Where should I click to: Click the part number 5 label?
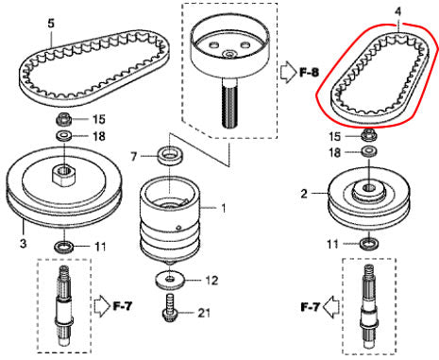pos(51,24)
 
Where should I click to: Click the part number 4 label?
pos(398,12)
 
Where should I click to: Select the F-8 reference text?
pos(309,73)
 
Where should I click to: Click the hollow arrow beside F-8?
pos(288,73)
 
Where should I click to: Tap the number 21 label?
pos(204,313)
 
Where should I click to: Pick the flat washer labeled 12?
pos(170,281)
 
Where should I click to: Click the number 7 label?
pos(134,157)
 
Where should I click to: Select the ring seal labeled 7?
pos(170,156)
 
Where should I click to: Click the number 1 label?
pos(224,208)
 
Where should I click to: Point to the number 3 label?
pos(24,243)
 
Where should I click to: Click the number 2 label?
pos(304,194)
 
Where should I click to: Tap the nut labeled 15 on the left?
pos(64,120)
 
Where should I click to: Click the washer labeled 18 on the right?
pos(369,151)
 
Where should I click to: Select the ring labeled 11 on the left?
pos(65,247)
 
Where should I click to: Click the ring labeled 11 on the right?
pos(369,244)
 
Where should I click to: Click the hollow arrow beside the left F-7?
pos(102,306)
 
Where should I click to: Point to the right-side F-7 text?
pos(311,306)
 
